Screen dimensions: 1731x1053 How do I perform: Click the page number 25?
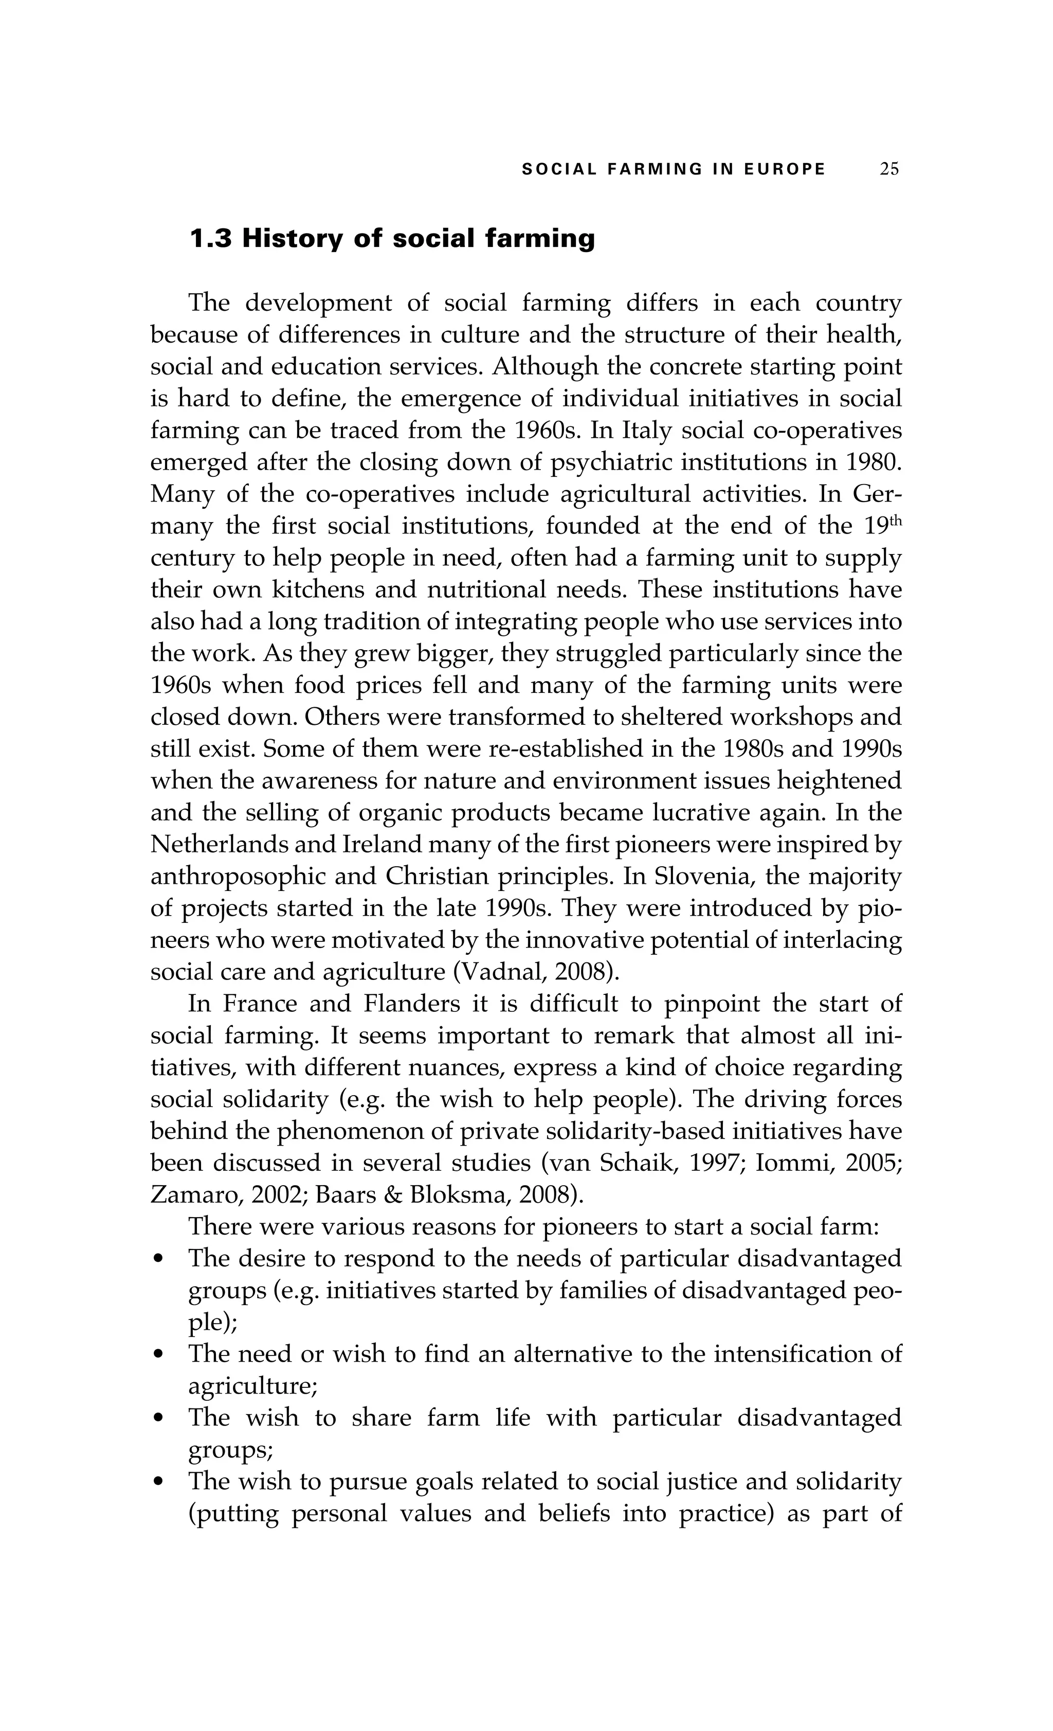(x=889, y=169)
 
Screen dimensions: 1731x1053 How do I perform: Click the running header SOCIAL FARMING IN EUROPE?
(x=674, y=169)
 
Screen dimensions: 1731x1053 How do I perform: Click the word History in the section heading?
(x=292, y=239)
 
